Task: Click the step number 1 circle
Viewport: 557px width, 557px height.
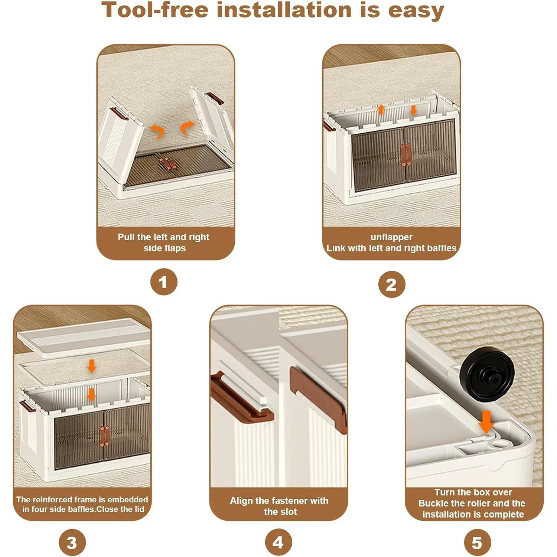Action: (164, 282)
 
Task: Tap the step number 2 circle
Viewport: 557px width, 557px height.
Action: (392, 284)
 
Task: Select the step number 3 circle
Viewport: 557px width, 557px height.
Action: (72, 543)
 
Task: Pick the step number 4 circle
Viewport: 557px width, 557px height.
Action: (278, 542)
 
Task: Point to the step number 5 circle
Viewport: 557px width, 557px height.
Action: (478, 543)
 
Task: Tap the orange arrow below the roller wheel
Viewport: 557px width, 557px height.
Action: (486, 422)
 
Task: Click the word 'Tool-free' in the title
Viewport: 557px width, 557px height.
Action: (155, 10)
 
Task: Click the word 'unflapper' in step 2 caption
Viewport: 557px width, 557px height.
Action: (391, 237)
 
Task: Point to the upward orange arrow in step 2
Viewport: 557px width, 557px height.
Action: (381, 109)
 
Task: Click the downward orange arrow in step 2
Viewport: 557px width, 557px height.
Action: (413, 110)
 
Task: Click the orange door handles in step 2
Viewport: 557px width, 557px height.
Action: (405, 154)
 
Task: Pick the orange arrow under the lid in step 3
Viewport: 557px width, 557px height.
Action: (91, 366)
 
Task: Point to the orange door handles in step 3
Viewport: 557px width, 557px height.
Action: (104, 436)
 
